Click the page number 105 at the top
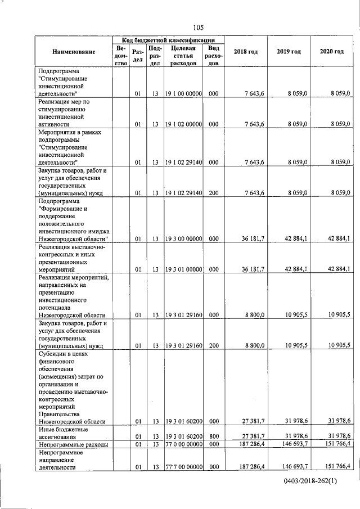point(197,28)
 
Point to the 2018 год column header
point(246,52)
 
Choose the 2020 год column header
point(331,52)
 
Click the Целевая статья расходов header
point(183,56)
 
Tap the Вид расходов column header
point(213,56)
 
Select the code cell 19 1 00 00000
point(183,93)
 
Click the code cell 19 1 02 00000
point(183,123)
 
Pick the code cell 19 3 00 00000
point(183,238)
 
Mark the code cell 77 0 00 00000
point(183,444)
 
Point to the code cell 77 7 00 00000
point(183,466)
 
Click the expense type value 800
point(213,436)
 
